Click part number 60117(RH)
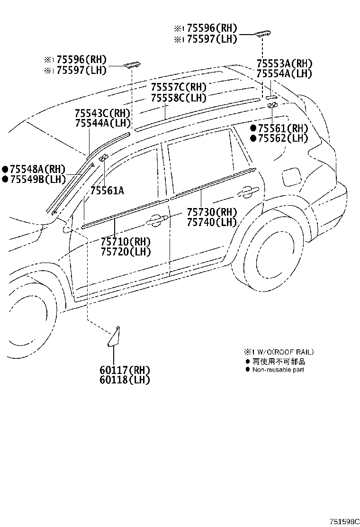[125, 370]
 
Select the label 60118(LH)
[125, 380]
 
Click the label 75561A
[107, 191]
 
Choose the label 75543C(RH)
[102, 113]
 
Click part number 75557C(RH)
[179, 88]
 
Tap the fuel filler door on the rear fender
[290, 177]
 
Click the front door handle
[157, 219]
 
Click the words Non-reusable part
[278, 370]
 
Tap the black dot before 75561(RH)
[253, 128]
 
